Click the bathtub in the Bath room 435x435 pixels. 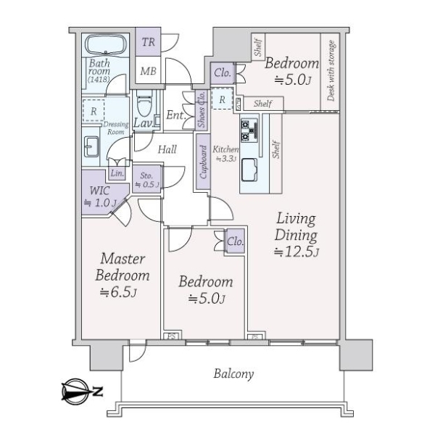[x=105, y=45]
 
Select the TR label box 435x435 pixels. [x=148, y=42]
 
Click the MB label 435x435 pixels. [x=148, y=71]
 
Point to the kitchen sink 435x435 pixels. [x=249, y=170]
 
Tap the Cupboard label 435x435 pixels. [x=203, y=162]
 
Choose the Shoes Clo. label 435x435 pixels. [x=202, y=109]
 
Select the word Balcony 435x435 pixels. [x=233, y=374]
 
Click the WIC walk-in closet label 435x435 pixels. [x=100, y=197]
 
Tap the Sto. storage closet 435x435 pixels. [x=146, y=179]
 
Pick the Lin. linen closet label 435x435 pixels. [x=117, y=173]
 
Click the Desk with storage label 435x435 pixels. [x=331, y=71]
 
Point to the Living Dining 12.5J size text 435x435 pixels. [x=297, y=252]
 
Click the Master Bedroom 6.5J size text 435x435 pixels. [x=118, y=292]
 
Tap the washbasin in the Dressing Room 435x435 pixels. [x=91, y=147]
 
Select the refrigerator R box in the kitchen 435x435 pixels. [x=222, y=99]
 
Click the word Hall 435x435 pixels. [x=167, y=149]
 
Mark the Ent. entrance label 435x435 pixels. [x=175, y=115]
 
